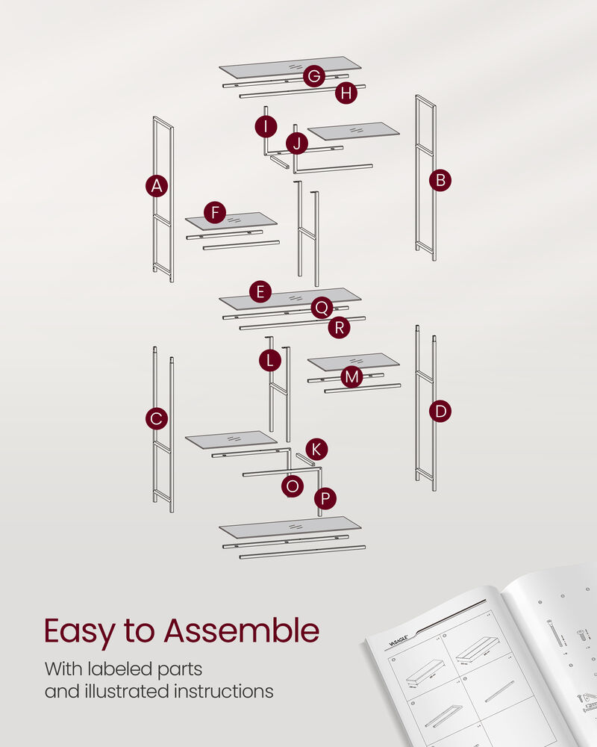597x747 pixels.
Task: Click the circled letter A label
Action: pyautogui.click(x=156, y=186)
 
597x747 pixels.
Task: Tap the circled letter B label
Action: pyautogui.click(x=440, y=180)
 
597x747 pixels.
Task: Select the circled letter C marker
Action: pyautogui.click(x=156, y=419)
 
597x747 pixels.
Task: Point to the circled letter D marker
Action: pyautogui.click(x=440, y=411)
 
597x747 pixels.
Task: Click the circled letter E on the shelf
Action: pyautogui.click(x=260, y=292)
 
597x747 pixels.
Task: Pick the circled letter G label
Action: pyautogui.click(x=314, y=76)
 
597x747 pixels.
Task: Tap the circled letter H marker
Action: pyautogui.click(x=346, y=93)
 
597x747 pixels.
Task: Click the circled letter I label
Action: pyautogui.click(x=265, y=126)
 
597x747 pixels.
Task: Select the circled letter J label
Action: pyautogui.click(x=297, y=143)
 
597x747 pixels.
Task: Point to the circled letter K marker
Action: pyautogui.click(x=316, y=449)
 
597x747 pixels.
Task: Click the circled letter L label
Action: pyautogui.click(x=270, y=361)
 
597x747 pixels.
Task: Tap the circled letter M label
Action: pyautogui.click(x=351, y=377)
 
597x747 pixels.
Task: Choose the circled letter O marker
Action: pyautogui.click(x=293, y=486)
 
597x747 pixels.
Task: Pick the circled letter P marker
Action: pyautogui.click(x=325, y=498)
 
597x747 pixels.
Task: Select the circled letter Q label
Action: pyautogui.click(x=322, y=308)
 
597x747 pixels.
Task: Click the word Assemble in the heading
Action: pyautogui.click(x=242, y=631)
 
